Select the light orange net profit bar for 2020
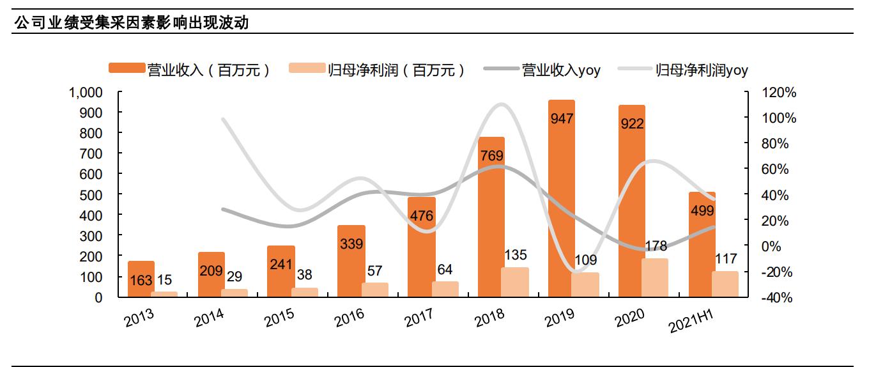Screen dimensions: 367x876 click(654, 278)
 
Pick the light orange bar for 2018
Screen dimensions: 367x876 click(514, 282)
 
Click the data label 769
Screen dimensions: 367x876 click(491, 155)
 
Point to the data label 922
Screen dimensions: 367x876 click(632, 124)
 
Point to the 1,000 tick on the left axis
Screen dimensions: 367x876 click(86, 93)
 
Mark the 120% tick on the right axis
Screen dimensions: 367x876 click(779, 93)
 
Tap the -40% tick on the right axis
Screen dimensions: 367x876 click(779, 298)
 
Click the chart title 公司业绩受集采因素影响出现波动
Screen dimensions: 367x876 click(131, 24)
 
